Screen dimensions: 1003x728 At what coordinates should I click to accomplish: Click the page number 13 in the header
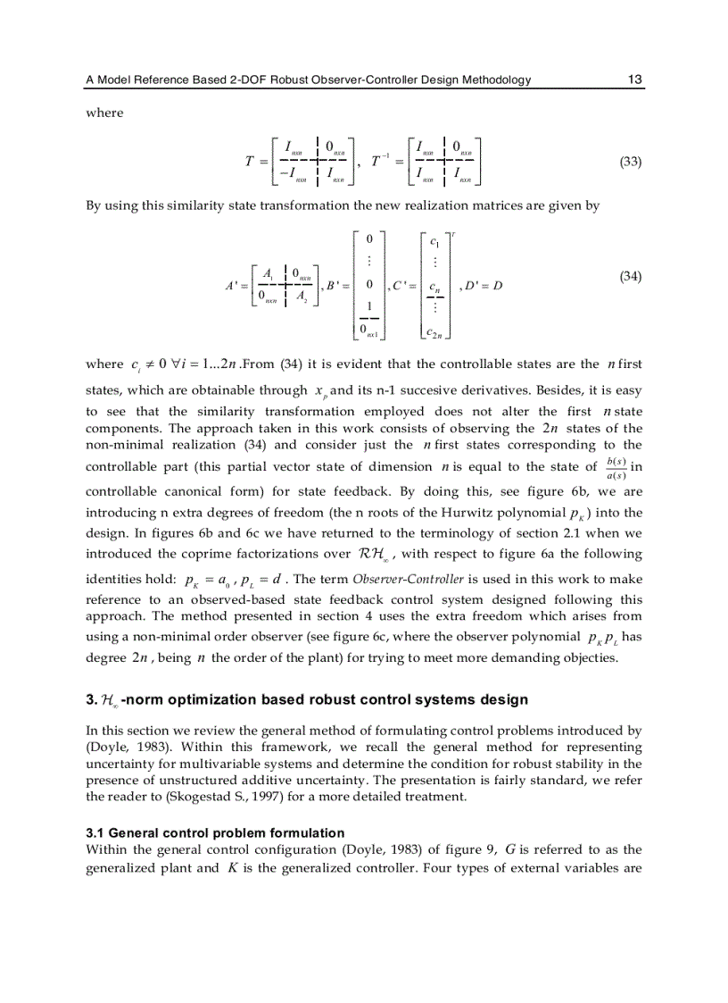click(x=634, y=79)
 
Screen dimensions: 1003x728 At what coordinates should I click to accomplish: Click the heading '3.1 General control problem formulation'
click(x=215, y=832)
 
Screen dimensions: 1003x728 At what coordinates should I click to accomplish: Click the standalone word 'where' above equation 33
click(x=104, y=113)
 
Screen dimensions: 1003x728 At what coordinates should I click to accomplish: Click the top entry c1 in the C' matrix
click(x=434, y=241)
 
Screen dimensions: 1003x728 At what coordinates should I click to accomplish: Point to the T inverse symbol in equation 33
click(x=377, y=161)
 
